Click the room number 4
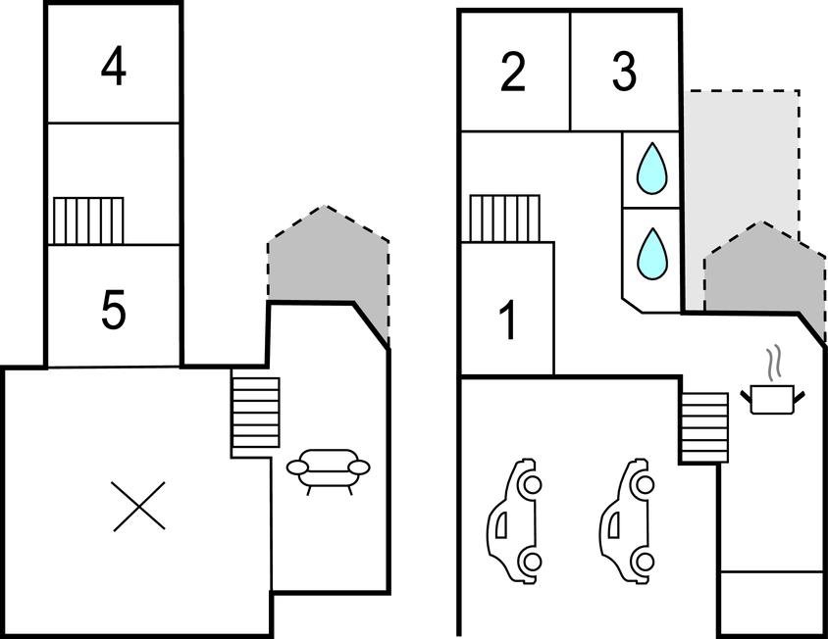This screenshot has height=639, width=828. pyautogui.click(x=114, y=68)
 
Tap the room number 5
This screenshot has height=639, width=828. pyautogui.click(x=114, y=312)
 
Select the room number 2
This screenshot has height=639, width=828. pyautogui.click(x=513, y=74)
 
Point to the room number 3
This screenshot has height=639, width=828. pyautogui.click(x=624, y=74)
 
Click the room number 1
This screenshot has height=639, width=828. pyautogui.click(x=508, y=321)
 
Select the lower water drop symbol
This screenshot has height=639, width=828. pyautogui.click(x=650, y=252)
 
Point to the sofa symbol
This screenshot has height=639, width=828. pyautogui.click(x=329, y=467)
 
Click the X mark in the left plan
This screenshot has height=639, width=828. pyautogui.click(x=138, y=506)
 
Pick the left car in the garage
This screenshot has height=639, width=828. pyautogui.click(x=515, y=519)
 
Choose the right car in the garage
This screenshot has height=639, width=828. pyautogui.click(x=628, y=519)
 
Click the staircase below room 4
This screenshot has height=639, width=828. pyautogui.click(x=88, y=221)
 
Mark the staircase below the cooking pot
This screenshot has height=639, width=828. pyautogui.click(x=705, y=427)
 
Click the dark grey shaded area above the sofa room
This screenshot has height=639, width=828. pyautogui.click(x=327, y=260)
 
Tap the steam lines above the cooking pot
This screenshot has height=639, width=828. pyautogui.click(x=774, y=361)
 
